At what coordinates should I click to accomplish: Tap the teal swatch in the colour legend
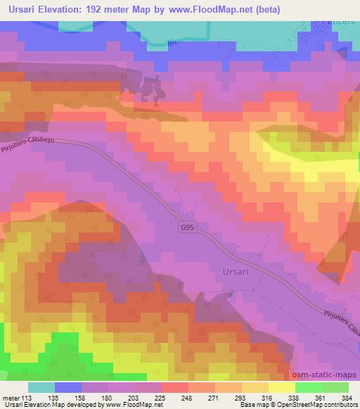click(41, 387)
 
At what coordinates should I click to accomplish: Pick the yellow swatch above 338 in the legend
click(282, 387)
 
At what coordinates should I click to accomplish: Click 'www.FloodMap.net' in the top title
click(230, 9)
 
